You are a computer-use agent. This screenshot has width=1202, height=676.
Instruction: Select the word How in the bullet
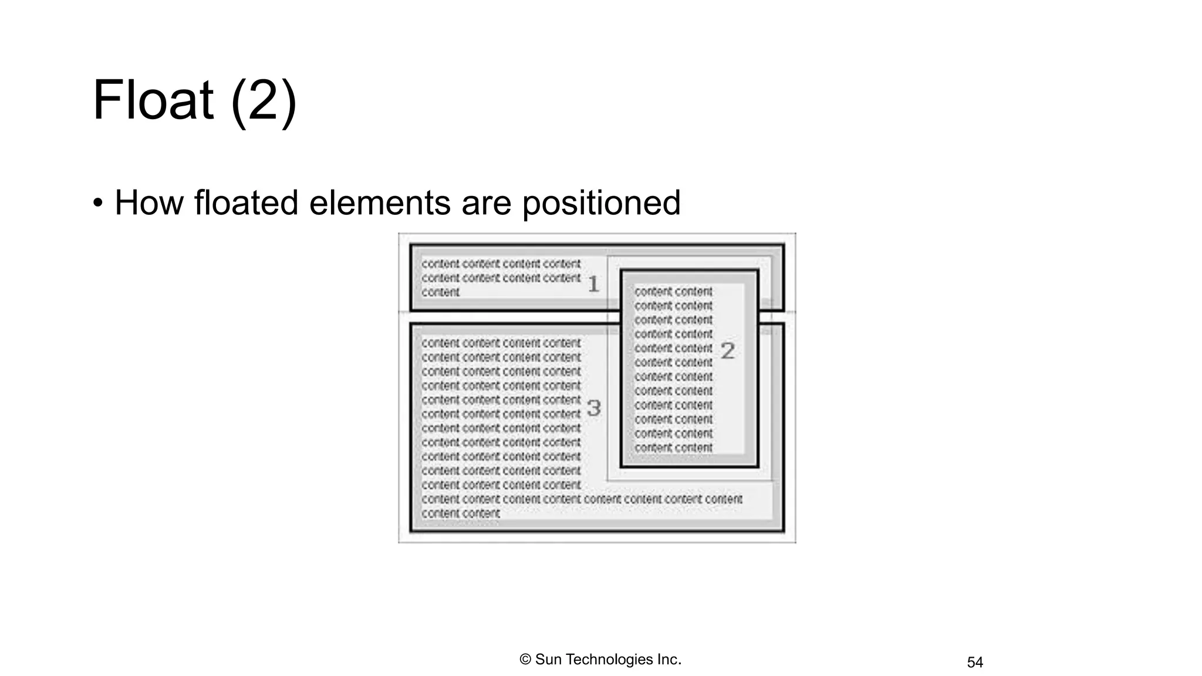pos(148,203)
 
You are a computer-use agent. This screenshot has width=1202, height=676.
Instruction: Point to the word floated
pos(246,203)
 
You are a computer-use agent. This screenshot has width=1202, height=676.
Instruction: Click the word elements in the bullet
pos(380,203)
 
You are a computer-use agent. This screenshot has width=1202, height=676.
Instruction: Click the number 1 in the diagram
pos(593,284)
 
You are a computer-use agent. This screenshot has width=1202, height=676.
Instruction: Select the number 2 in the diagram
pos(728,351)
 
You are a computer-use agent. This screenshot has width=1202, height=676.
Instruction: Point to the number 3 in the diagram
pos(594,408)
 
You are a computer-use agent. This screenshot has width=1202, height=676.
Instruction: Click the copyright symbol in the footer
pos(525,660)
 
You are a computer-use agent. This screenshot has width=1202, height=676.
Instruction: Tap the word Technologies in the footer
pos(610,660)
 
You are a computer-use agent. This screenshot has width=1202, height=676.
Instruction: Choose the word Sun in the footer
pos(548,660)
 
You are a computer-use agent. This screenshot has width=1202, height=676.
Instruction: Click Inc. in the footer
pos(669,660)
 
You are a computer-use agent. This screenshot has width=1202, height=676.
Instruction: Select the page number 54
pos(975,663)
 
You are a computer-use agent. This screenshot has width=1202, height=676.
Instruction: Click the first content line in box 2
pos(673,292)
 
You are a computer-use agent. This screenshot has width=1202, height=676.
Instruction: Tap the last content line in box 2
pos(673,448)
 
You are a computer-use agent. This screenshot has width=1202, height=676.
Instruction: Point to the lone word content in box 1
pos(441,292)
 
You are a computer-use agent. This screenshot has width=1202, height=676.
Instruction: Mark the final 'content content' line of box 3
pos(461,513)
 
